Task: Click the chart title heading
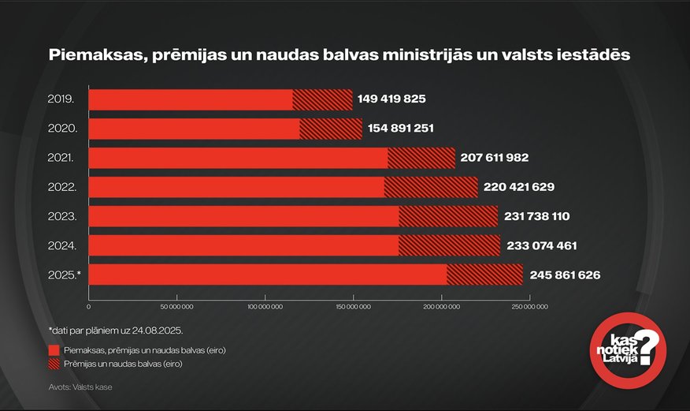coord(339,55)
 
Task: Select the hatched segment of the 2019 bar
coord(322,99)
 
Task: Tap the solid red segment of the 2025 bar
coord(267,274)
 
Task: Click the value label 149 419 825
coord(391,99)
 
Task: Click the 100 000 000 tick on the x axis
coord(265,306)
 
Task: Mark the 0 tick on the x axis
coord(89,306)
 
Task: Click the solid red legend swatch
coord(54,349)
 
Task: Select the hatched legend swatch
coord(54,364)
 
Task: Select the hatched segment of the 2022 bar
coord(431,187)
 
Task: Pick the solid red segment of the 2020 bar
coord(194,129)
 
